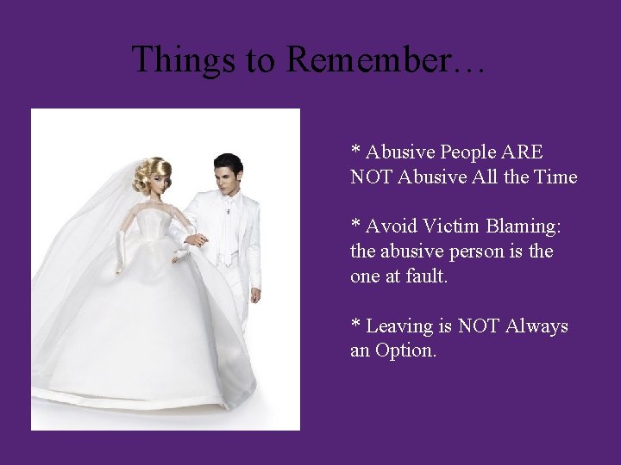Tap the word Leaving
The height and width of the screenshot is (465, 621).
(x=398, y=326)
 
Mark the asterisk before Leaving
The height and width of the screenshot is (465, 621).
(x=355, y=325)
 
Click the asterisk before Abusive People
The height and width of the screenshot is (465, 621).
(x=355, y=151)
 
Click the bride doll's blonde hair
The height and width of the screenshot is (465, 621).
(x=150, y=172)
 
